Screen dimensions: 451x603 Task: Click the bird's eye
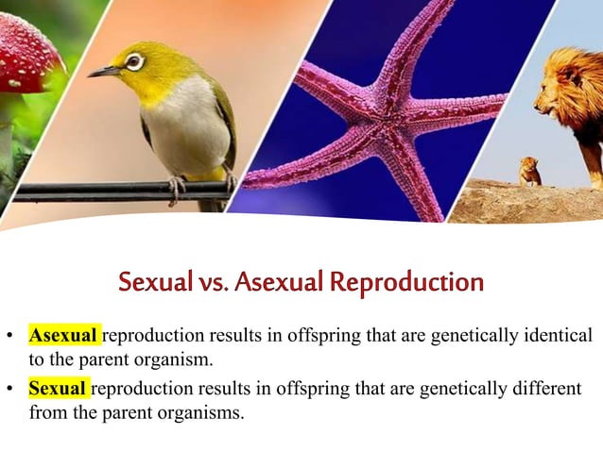coord(134,61)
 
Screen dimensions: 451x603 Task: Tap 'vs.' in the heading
coord(213,281)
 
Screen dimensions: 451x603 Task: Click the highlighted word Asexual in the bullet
coord(63,335)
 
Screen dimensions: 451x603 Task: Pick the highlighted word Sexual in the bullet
coord(59,389)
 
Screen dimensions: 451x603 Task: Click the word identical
coord(554,335)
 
